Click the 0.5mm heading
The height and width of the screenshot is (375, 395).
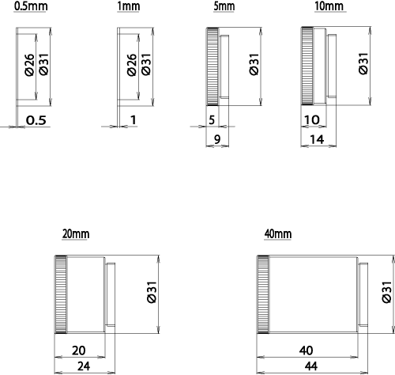[x=31, y=6]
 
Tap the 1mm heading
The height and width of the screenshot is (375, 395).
[x=128, y=6]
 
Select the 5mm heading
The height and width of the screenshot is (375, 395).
[x=224, y=6]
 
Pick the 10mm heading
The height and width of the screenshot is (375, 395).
[x=329, y=6]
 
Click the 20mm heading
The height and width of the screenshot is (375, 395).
[x=76, y=234]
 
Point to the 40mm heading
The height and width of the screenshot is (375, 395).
[x=278, y=234]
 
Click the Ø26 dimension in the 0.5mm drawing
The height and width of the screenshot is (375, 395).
[x=29, y=65]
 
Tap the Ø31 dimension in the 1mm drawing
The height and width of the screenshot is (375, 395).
[x=146, y=64]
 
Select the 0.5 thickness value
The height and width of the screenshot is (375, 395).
[x=36, y=120]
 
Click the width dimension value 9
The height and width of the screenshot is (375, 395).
[x=217, y=139]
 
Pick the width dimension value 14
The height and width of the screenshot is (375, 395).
[x=317, y=139]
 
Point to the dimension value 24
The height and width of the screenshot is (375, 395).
[x=84, y=366]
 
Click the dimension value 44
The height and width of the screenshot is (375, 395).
[x=311, y=366]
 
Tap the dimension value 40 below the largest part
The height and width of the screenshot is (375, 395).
[x=307, y=350]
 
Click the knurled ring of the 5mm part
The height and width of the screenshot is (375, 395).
[x=213, y=66]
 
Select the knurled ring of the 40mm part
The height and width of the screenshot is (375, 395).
[x=263, y=294]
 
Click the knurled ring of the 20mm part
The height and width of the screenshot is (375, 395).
[x=61, y=294]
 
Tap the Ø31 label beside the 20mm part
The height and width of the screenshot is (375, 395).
[x=152, y=293]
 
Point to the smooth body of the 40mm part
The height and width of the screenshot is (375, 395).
[x=314, y=294]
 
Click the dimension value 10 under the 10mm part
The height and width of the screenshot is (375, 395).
[x=312, y=120]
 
